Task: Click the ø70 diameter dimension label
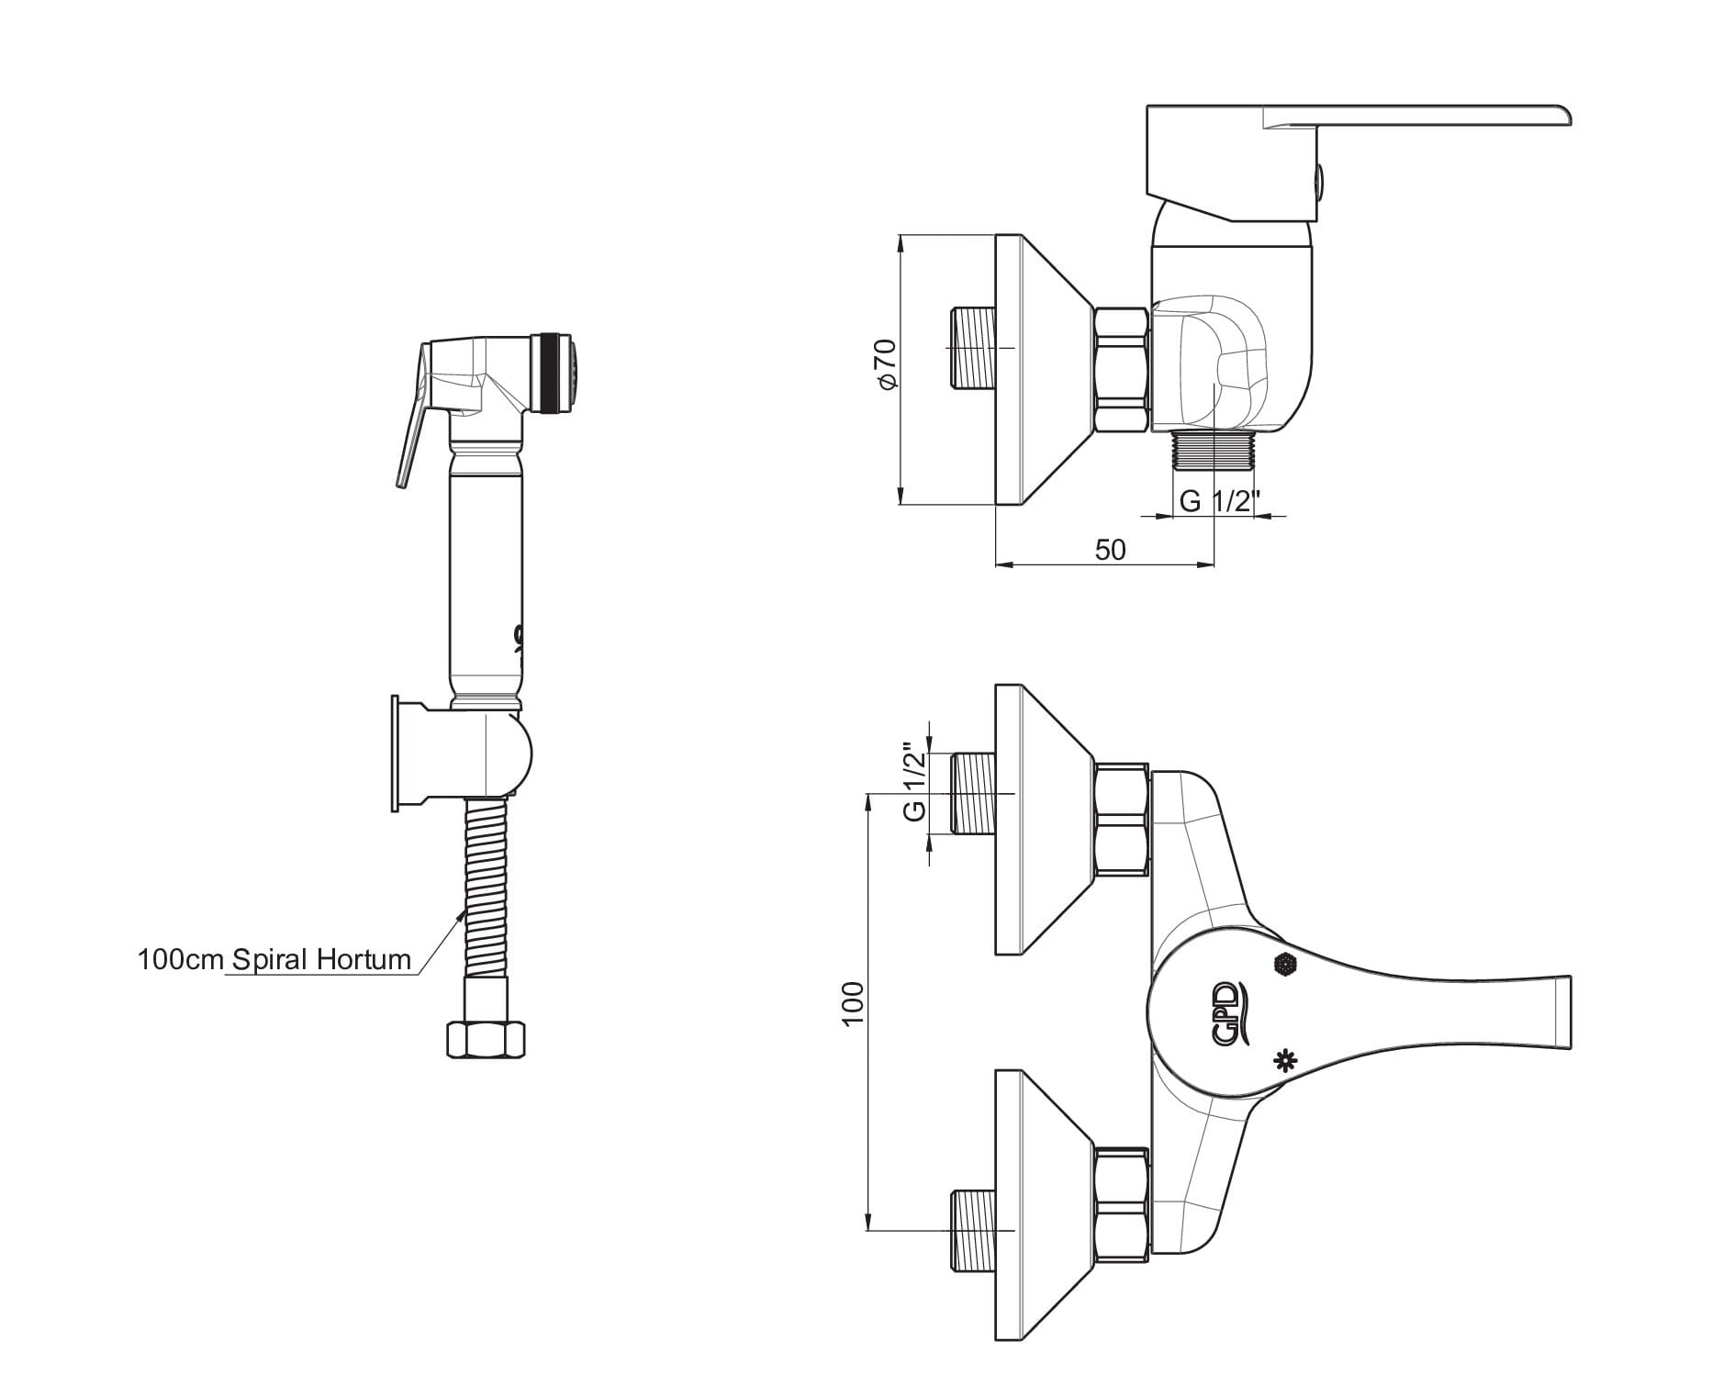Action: pyautogui.click(x=887, y=365)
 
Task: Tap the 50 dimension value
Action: pyautogui.click(x=1110, y=550)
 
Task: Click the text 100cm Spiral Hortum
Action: pyautogui.click(x=274, y=960)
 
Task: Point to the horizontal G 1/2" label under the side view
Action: pyautogui.click(x=1218, y=501)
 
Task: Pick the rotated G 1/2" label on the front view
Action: pyautogui.click(x=914, y=781)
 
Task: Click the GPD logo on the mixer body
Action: pyautogui.click(x=1226, y=1012)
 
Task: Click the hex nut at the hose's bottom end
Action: pyautogui.click(x=486, y=1040)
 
